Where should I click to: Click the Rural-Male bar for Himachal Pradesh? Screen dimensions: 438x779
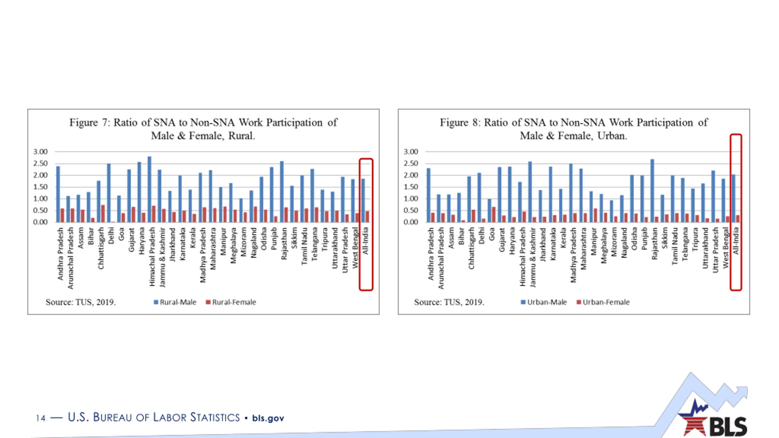point(149,189)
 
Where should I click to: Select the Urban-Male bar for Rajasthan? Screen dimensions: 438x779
point(652,190)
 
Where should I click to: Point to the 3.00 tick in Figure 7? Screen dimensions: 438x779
point(40,151)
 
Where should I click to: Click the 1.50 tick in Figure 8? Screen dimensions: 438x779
point(411,187)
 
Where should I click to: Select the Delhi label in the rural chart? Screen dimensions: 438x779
point(111,235)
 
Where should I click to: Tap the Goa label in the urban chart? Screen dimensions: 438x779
point(492,234)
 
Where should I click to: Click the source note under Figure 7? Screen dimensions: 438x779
point(81,302)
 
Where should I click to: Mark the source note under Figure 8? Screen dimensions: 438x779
point(449,302)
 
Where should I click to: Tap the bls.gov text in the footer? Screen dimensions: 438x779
point(268,418)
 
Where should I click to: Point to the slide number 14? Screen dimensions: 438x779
point(40,418)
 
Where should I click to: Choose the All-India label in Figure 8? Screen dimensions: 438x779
point(736,241)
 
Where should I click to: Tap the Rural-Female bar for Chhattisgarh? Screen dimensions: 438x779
point(103,214)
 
